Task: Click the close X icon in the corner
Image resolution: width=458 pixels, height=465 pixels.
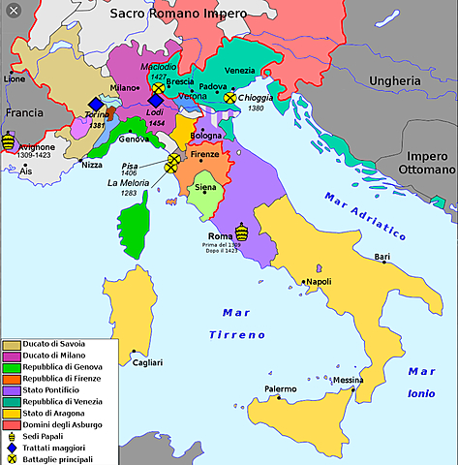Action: click(12, 12)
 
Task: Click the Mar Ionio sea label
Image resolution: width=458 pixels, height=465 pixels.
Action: click(421, 383)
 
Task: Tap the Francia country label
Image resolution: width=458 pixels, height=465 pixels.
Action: click(23, 112)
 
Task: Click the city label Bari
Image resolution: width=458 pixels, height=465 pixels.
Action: click(382, 257)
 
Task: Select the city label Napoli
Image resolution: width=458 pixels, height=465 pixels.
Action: click(319, 282)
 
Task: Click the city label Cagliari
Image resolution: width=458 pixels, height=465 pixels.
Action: click(148, 362)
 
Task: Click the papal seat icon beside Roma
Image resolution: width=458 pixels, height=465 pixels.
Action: click(242, 232)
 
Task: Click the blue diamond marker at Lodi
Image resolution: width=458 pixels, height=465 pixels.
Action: click(155, 100)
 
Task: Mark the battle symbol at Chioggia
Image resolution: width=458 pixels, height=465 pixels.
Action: click(229, 97)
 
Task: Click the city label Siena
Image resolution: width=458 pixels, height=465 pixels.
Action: click(205, 187)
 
